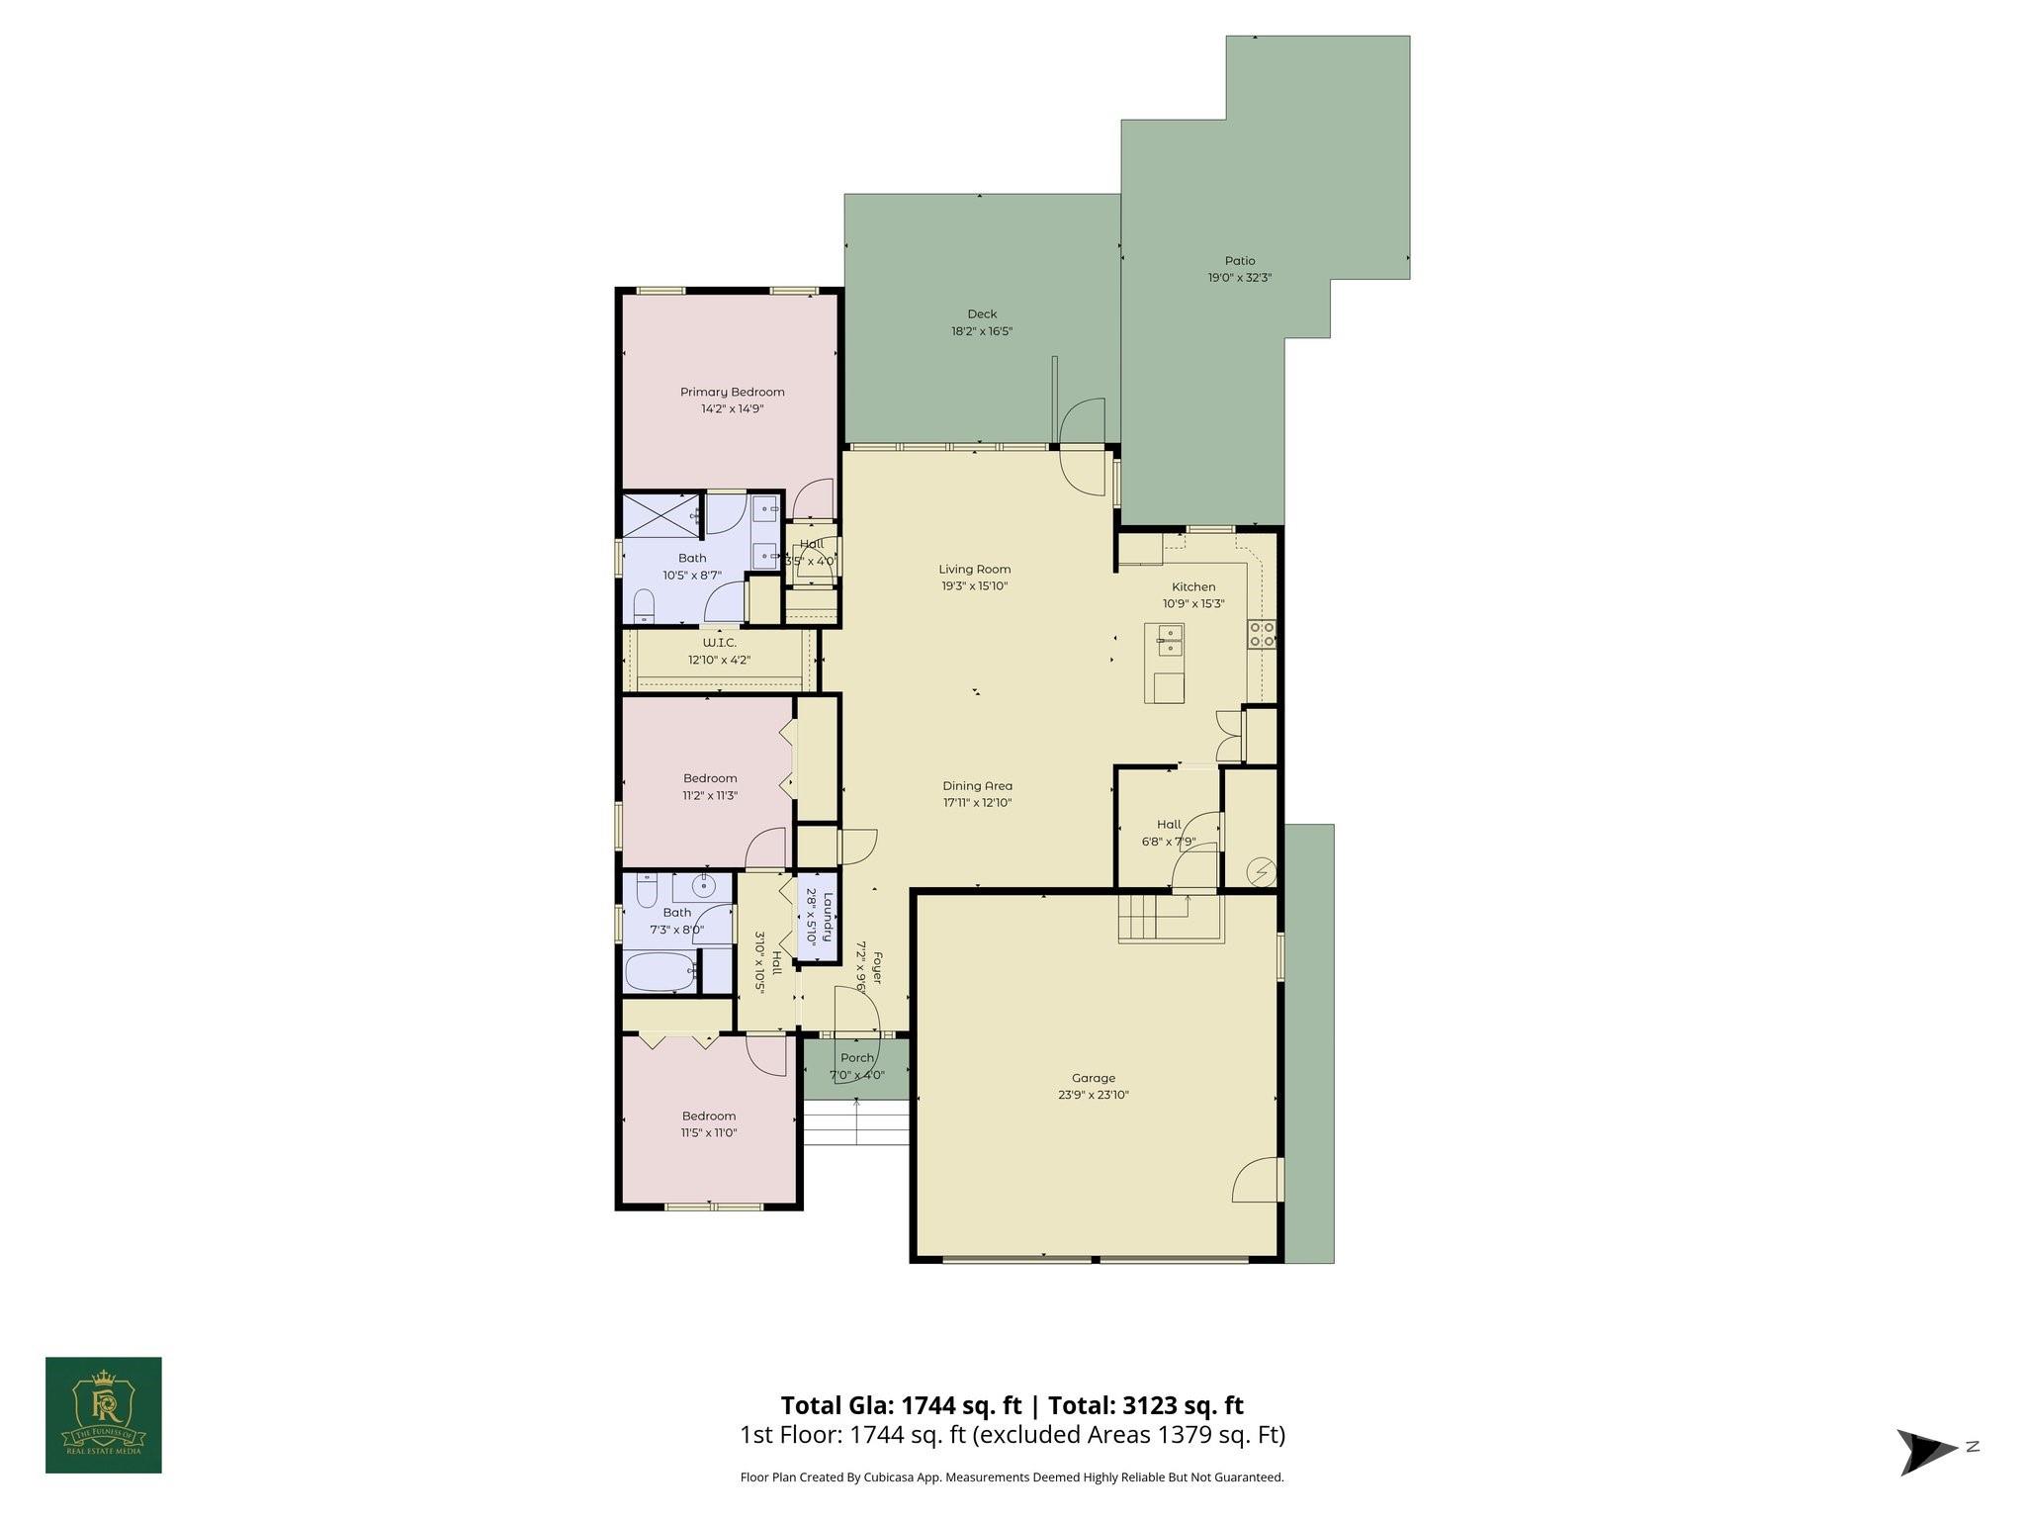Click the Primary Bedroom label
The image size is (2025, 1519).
click(732, 392)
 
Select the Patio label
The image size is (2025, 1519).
click(1239, 261)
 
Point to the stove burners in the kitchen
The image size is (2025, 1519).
click(1261, 634)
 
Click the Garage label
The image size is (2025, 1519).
click(1093, 1078)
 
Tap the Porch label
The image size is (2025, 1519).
click(856, 1058)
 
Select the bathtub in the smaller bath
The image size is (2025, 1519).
click(660, 971)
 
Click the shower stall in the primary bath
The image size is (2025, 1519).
click(660, 515)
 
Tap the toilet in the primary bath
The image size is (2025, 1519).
click(644, 605)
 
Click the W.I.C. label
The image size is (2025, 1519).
click(719, 643)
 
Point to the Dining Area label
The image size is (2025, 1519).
click(977, 786)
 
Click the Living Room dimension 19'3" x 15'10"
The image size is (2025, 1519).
click(974, 585)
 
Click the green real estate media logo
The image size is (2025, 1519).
click(104, 1414)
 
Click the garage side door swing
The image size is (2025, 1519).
click(1258, 1182)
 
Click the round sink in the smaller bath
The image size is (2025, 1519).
click(703, 885)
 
